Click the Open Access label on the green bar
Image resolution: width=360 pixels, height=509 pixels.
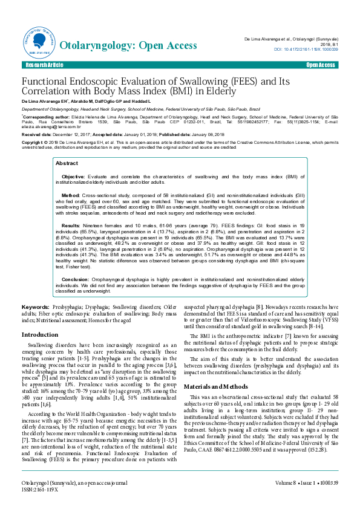321,65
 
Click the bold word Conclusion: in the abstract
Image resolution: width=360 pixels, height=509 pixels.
76,279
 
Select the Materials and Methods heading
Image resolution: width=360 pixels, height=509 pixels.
217,386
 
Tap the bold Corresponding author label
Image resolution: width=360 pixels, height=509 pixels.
47,114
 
